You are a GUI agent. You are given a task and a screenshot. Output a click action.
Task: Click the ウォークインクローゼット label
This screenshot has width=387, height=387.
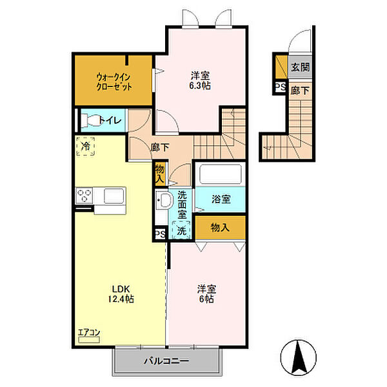tap(114, 80)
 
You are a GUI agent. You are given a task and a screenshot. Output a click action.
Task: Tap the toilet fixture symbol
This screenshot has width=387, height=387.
tap(90, 120)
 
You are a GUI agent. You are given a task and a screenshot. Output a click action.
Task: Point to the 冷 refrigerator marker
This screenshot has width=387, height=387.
tap(86, 147)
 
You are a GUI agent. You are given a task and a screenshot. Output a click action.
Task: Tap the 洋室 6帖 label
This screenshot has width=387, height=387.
tap(206, 294)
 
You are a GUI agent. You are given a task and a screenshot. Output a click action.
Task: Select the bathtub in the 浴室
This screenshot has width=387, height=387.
tap(219, 175)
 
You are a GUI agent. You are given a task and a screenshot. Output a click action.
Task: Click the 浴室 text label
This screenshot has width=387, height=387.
tap(221, 199)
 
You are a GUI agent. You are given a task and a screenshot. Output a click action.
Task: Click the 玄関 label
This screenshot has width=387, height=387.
tap(299, 66)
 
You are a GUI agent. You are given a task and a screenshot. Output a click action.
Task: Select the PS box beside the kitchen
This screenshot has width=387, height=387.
tap(159, 234)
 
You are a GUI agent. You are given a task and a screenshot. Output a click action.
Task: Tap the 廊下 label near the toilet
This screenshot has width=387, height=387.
tap(160, 147)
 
